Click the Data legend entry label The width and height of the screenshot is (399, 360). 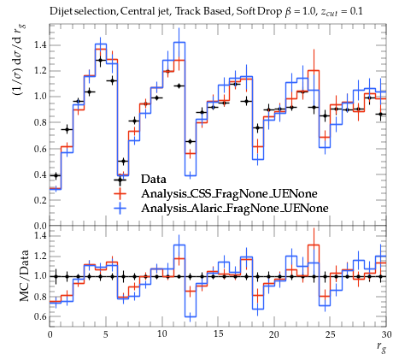point(153,180)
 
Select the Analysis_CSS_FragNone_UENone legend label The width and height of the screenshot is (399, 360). point(229,194)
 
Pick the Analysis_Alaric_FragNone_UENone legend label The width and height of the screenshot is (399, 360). point(235,209)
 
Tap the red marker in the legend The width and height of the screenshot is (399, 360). point(120,194)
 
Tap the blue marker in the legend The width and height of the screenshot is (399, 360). point(120,209)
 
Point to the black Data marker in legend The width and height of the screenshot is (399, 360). point(120,180)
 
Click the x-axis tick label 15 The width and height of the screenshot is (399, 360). point(218,334)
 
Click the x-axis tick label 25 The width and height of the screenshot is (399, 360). point(331,334)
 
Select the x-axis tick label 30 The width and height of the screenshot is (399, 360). point(386,334)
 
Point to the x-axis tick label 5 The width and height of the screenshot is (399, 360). point(106,334)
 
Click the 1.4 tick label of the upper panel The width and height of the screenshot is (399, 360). point(41,45)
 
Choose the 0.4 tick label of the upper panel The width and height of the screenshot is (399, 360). point(41,174)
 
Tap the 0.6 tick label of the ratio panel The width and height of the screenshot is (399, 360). point(41,316)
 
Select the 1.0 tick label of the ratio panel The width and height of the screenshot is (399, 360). point(41,276)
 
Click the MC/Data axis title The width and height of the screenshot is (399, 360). point(25,275)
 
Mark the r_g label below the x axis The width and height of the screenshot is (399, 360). point(381,347)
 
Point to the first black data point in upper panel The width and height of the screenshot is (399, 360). point(56,175)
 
